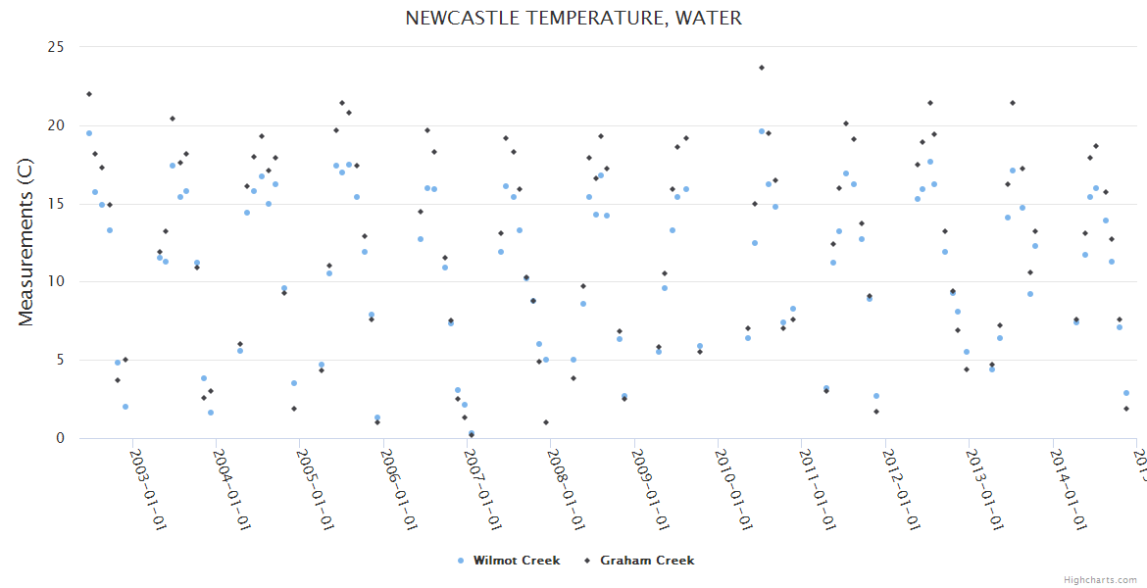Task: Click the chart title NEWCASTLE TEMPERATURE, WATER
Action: [573, 18]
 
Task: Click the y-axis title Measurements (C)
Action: [26, 242]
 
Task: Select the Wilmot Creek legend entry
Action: [516, 561]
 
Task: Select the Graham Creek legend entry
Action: [646, 561]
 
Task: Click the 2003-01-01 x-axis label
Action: [148, 489]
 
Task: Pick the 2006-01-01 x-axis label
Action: [399, 489]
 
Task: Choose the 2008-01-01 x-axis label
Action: [567, 489]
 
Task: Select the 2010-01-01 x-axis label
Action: [734, 489]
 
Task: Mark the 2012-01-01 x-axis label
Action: [901, 489]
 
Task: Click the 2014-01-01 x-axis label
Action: [1069, 489]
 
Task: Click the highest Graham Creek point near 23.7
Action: [762, 68]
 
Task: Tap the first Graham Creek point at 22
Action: [89, 94]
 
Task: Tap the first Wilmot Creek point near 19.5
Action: [89, 133]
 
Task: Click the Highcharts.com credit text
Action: [1100, 580]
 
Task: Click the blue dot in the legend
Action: [461, 561]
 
